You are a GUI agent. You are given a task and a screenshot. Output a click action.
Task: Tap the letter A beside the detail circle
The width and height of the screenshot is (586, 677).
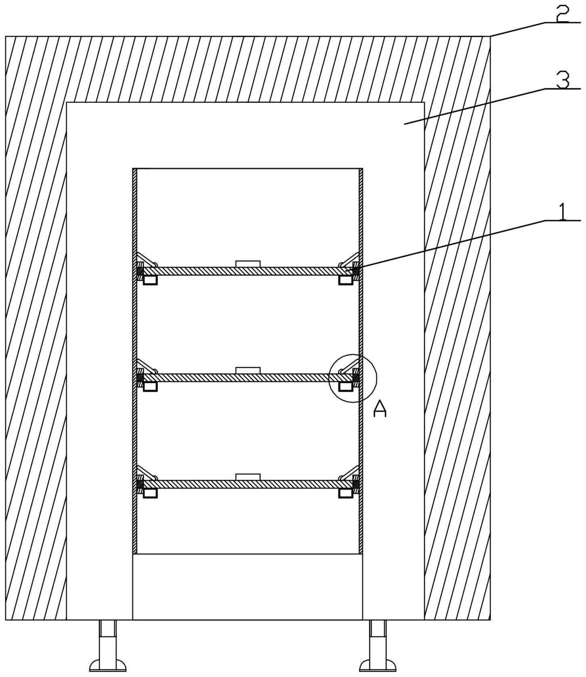point(380,408)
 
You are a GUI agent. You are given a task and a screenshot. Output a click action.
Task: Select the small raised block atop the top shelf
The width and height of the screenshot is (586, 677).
point(248,264)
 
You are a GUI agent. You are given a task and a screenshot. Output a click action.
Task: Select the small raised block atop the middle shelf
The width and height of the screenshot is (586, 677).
point(248,370)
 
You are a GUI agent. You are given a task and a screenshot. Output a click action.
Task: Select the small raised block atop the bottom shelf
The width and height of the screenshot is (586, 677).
point(248,477)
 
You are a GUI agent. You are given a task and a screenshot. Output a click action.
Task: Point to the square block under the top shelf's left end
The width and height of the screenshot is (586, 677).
point(150,280)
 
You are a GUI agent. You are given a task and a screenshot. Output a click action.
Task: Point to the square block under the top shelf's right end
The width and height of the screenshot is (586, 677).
point(346,280)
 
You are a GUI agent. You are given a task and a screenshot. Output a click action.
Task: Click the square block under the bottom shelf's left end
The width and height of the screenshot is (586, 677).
point(150,493)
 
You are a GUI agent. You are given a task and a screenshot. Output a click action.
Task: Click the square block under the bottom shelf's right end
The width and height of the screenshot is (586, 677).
point(346,493)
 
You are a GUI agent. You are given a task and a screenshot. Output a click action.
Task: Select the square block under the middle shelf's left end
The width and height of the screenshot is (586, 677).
point(150,387)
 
